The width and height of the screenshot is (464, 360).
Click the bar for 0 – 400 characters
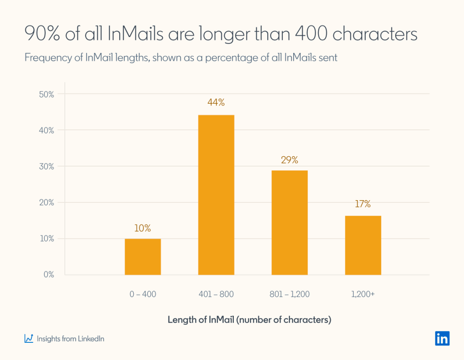[143, 256]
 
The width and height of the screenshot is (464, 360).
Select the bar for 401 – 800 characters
[216, 195]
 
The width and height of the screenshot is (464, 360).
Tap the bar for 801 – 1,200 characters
[290, 222]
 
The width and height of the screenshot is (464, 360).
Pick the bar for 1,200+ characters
[363, 245]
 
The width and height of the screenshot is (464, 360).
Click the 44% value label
[216, 102]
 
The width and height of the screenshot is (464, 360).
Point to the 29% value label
[290, 160]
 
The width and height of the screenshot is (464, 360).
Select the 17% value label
[362, 204]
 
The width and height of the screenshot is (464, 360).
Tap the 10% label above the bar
[142, 228]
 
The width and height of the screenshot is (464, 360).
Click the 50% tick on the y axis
[46, 95]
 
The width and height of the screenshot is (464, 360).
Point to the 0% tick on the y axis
[48, 275]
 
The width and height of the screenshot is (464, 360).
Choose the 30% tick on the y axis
[46, 167]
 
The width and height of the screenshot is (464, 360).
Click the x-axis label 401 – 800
[216, 294]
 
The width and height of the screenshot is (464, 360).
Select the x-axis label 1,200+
[362, 294]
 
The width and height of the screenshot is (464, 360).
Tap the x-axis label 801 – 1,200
[290, 294]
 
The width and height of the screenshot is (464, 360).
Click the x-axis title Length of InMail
[249, 320]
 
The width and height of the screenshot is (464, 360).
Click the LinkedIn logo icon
[442, 338]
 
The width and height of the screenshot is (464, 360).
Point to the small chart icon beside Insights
[29, 338]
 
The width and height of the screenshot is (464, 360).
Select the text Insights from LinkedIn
[70, 339]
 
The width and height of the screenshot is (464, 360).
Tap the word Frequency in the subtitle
[44, 58]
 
